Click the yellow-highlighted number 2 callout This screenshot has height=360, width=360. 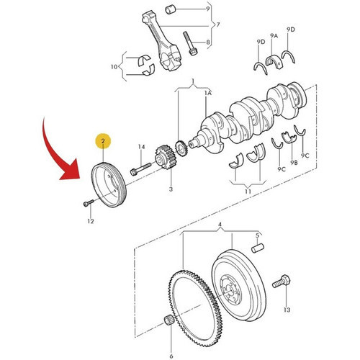[103, 141]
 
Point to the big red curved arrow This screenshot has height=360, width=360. [52, 153]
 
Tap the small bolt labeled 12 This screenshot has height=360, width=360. [89, 203]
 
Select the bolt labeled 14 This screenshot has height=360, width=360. [140, 168]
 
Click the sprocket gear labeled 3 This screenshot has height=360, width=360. [166, 157]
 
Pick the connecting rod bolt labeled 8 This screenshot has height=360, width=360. [189, 43]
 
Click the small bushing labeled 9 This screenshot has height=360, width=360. [171, 10]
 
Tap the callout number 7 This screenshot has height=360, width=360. [218, 24]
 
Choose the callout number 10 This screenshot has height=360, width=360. [114, 66]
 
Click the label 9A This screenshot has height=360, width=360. [274, 36]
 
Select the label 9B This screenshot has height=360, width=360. [294, 163]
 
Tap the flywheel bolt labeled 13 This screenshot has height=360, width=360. [282, 282]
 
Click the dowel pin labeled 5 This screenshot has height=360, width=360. [258, 248]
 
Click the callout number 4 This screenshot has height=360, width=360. [220, 225]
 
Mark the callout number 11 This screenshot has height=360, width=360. [248, 192]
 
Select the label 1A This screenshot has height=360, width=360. [208, 93]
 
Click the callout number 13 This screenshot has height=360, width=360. [287, 310]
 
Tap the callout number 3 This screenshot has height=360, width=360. [171, 189]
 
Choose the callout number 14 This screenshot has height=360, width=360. [142, 147]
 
